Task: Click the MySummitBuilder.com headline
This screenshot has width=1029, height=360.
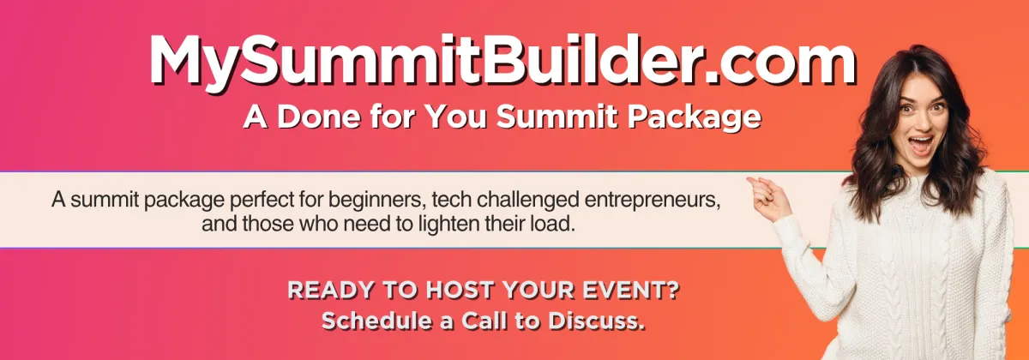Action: point(503,61)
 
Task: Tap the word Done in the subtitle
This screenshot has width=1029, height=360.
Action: point(318,117)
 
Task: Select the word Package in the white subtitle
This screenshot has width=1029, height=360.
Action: point(694,118)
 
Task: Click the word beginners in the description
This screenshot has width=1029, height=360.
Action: point(376,201)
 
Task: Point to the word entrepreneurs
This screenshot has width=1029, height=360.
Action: point(652,201)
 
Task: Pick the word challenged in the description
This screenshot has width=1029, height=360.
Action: point(527,201)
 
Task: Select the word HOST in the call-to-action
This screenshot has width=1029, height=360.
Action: point(460,291)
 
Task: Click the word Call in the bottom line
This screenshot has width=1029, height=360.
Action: point(484,321)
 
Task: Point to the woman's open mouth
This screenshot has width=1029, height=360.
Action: point(921,145)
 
